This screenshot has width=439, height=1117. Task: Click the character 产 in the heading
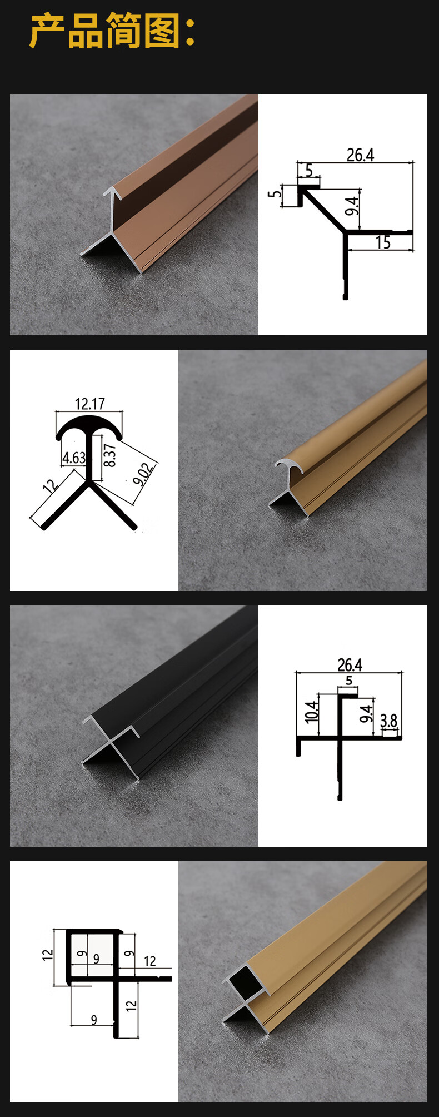click(x=47, y=31)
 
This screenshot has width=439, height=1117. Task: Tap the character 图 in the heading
click(x=161, y=31)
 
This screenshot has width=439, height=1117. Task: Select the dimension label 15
click(x=383, y=242)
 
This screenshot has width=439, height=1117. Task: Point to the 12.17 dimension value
click(x=90, y=404)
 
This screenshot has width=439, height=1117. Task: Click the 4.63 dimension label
click(x=74, y=458)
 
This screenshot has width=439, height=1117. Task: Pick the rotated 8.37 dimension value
click(x=110, y=455)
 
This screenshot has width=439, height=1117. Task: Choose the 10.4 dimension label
click(x=312, y=711)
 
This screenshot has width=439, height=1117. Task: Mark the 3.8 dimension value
click(x=389, y=721)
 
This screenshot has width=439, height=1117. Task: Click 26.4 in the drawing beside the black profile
click(x=350, y=665)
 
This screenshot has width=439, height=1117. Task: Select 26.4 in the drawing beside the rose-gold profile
click(x=360, y=155)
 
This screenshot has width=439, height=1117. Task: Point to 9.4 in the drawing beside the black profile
click(x=366, y=713)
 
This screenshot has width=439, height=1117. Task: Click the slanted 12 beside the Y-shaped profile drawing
click(x=50, y=486)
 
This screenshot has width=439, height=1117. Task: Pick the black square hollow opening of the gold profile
click(x=245, y=982)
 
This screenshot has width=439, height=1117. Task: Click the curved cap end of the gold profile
click(x=290, y=465)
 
